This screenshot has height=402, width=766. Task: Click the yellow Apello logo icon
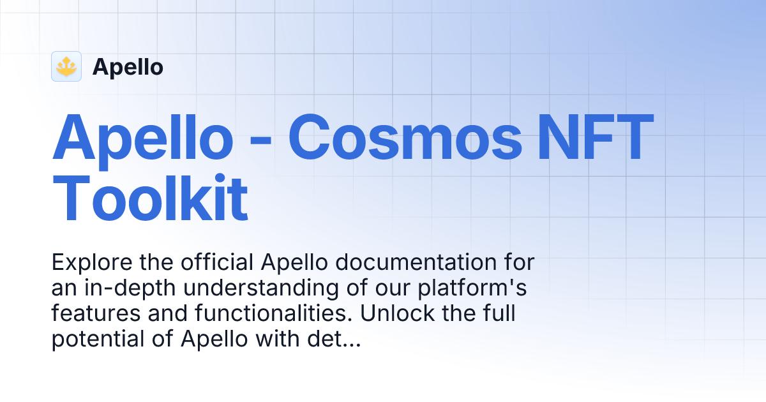(x=66, y=66)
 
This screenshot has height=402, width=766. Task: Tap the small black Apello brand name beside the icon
(x=128, y=67)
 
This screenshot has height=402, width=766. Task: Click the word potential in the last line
(x=91, y=340)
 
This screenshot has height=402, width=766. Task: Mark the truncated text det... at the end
(x=337, y=340)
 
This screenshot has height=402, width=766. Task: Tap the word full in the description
(x=499, y=314)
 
